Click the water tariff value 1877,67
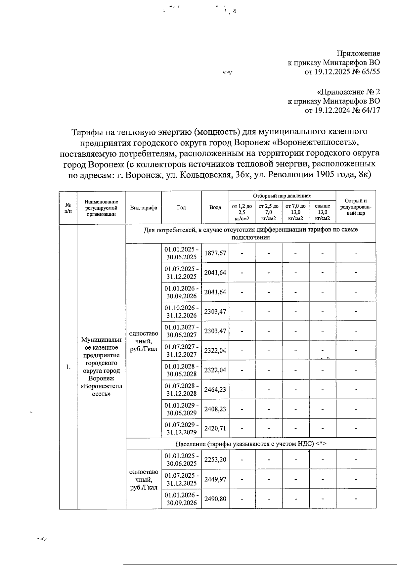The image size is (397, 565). click(215, 253)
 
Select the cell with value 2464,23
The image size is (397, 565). click(215, 389)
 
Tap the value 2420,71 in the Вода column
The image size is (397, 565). click(215, 428)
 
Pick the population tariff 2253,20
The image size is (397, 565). click(215, 459)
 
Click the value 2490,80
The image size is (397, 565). click(215, 499)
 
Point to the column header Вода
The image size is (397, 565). click(215, 207)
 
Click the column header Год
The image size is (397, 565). click(181, 207)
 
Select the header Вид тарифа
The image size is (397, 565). click(144, 207)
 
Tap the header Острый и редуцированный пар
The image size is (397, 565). click(356, 207)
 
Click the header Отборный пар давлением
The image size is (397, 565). click(282, 196)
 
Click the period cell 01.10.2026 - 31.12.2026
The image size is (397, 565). click(181, 311)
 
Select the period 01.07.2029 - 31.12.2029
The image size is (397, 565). click(181, 428)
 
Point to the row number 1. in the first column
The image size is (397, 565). click(68, 367)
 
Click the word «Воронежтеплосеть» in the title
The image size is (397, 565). click(317, 143)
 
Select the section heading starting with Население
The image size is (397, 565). click(251, 444)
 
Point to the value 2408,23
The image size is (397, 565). click(215, 409)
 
